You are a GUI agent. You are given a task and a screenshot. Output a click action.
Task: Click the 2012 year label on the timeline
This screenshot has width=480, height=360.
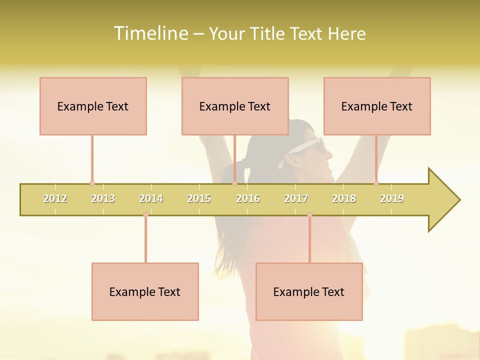pos(55,198)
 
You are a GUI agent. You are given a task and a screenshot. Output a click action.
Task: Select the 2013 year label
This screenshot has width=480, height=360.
pos(103,198)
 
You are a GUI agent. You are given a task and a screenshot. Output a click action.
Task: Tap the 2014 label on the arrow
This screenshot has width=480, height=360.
pos(151,198)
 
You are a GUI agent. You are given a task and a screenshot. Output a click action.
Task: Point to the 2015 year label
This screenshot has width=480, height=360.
pos(199,198)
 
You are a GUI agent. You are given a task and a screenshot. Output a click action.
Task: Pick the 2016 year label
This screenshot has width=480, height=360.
pos(248,198)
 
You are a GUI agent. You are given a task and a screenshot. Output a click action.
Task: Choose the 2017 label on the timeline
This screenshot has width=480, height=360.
pos(296,198)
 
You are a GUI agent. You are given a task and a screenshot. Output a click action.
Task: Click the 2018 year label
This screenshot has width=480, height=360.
pos(344,198)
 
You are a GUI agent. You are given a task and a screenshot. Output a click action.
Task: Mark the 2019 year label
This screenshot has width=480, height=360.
pos(392,198)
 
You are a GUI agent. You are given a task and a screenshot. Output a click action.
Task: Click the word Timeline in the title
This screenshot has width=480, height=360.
pos(149,33)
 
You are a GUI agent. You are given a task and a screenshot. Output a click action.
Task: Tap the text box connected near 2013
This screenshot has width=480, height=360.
pos(93,106)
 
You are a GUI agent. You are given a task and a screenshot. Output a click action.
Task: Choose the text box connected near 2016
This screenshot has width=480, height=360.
pos(235,106)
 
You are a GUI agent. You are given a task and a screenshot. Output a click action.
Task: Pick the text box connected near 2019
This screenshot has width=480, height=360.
pos(377,106)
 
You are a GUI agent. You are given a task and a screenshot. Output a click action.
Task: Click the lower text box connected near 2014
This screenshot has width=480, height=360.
pos(145,291)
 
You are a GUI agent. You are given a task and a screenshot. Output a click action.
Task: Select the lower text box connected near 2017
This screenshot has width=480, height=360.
pos(309,291)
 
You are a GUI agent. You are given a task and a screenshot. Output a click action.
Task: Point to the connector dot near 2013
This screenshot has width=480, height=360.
pos(92,183)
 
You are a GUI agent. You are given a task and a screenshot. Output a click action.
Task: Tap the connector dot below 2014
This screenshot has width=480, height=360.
pos(145,215)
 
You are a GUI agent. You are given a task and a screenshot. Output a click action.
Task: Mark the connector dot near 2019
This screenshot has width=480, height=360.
pos(376,183)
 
